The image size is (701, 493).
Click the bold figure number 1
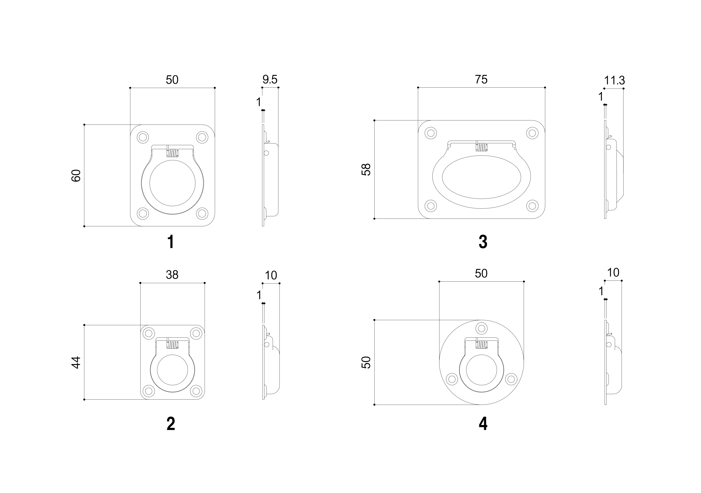pyautogui.click(x=171, y=242)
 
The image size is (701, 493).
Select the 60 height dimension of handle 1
pyautogui.click(x=76, y=176)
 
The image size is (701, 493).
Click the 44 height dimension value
pyautogui.click(x=76, y=363)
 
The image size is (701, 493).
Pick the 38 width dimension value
pyautogui.click(x=172, y=275)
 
